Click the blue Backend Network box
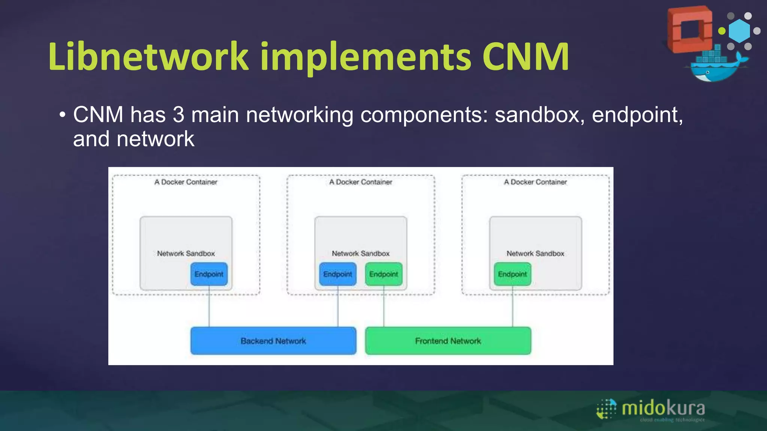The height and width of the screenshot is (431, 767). [273, 341]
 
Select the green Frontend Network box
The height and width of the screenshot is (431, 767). [448, 341]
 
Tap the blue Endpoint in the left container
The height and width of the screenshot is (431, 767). [209, 274]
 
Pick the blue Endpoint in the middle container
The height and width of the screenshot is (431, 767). [337, 274]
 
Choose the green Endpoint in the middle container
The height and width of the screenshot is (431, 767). [383, 274]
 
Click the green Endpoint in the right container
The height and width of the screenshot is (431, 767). [512, 274]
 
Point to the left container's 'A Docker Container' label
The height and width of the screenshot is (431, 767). [186, 182]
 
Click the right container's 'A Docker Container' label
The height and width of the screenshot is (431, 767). [535, 182]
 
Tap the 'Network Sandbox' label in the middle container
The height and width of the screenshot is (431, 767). [361, 254]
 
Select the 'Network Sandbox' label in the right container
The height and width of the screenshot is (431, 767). [535, 254]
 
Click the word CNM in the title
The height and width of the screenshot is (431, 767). [525, 57]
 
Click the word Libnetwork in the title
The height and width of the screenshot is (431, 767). [148, 57]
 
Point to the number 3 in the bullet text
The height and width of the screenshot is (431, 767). [178, 114]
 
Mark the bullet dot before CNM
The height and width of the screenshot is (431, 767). [62, 114]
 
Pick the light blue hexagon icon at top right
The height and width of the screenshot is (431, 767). [739, 31]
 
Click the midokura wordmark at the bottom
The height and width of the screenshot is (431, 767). [663, 408]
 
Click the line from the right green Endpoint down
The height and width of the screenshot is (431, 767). [512, 307]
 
